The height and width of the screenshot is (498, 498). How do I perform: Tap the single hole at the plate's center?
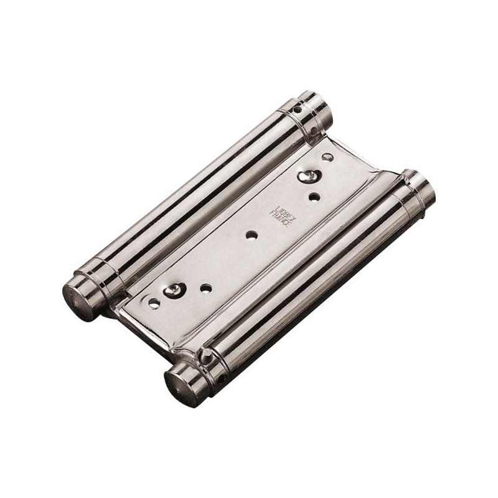point(251,235)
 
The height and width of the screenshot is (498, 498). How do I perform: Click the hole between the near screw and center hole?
point(205,288)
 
